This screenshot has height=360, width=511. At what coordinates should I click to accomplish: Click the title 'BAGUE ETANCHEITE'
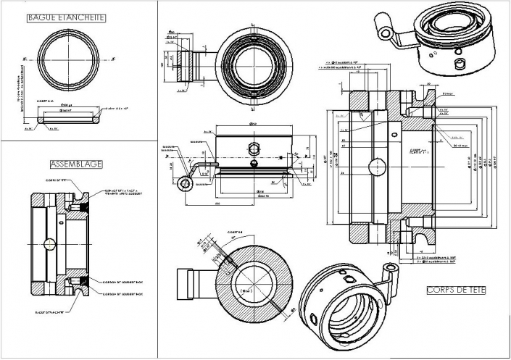[66, 17]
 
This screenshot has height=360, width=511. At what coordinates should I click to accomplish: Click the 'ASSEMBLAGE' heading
[75, 164]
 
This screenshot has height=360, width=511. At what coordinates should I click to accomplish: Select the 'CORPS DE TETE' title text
[456, 291]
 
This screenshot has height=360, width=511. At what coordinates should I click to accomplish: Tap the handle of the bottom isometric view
[389, 275]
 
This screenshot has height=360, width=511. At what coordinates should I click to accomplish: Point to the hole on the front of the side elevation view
[254, 148]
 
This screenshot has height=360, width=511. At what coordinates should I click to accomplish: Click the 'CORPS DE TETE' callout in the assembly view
[56, 180]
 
